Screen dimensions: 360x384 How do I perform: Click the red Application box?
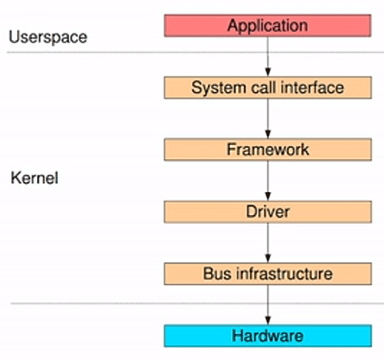268,25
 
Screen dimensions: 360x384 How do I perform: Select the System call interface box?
268,88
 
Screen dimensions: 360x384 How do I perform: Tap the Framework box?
268,150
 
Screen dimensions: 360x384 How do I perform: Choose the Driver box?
268,211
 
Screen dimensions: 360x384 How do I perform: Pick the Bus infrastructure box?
268,274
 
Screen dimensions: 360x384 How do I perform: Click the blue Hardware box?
268,336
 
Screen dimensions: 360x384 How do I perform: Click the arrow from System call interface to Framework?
268,119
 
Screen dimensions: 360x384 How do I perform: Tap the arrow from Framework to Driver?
268,180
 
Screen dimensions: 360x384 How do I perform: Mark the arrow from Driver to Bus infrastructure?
268,242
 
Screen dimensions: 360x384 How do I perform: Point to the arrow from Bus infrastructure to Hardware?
268,305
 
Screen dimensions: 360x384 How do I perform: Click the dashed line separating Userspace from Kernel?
96,53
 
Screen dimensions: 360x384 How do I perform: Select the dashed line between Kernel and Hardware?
96,304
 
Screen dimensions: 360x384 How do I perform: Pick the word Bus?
216,274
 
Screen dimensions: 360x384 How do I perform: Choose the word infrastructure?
282,274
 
